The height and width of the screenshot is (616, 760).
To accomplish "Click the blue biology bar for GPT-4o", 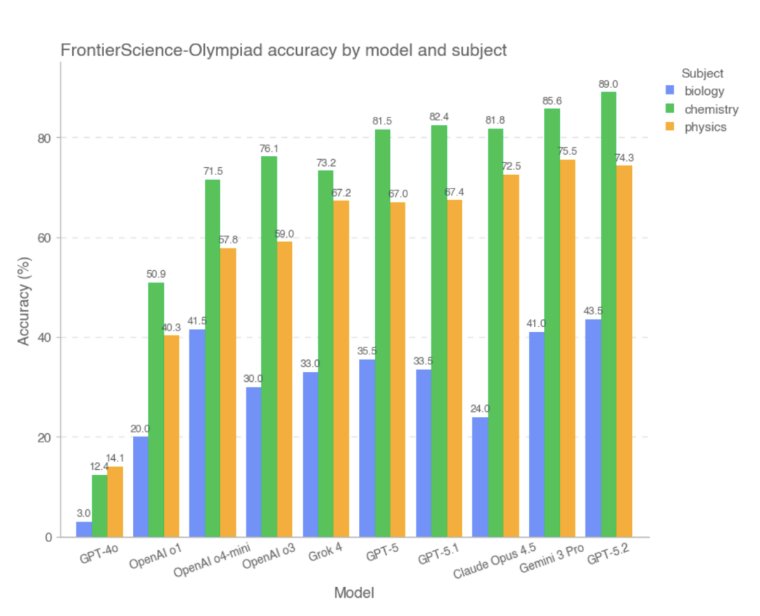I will click(84, 529).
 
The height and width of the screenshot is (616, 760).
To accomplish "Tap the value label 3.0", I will click(84, 513).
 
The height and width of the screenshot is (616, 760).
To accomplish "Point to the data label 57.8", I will click(228, 240).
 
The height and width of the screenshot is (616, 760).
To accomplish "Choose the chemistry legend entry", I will click(711, 109).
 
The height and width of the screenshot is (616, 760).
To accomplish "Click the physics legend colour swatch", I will click(669, 127).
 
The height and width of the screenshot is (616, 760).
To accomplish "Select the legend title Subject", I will click(702, 73).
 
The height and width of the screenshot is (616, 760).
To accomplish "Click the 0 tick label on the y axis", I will click(49, 537).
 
